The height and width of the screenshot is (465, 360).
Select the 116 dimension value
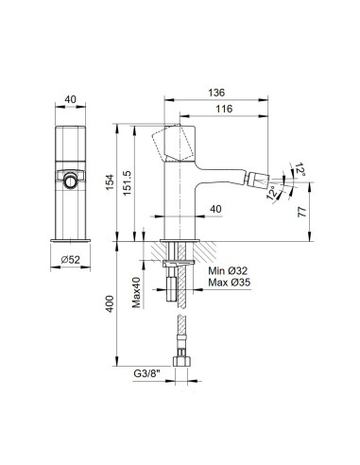tap(224, 111)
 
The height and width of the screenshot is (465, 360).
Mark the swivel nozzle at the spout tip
tap(259, 179)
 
